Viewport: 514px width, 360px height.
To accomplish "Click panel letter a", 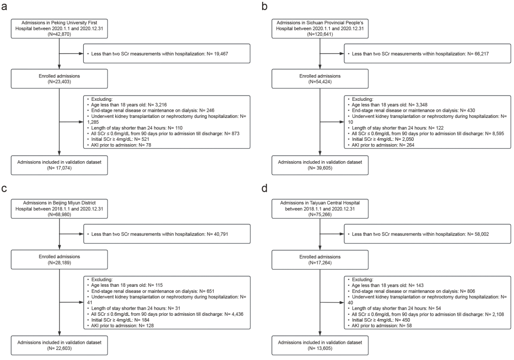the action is click(4, 6).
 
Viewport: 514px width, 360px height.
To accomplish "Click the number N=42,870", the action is click(59, 34).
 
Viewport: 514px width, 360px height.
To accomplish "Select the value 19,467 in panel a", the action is click(221, 54).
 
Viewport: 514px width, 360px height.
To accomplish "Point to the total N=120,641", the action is click(320, 34).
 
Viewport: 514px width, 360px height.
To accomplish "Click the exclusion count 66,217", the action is click(482, 54).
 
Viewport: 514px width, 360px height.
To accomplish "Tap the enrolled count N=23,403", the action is click(59, 82).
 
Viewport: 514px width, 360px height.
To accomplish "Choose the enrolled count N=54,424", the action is click(320, 82).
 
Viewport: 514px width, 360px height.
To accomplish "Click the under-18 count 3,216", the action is click(161, 105).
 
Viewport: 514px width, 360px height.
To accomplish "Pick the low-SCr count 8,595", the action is click(498, 134).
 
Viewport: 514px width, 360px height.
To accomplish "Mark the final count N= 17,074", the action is click(59, 168).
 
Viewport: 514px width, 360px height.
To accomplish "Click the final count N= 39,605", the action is click(320, 168).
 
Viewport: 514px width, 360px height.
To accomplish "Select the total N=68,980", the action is click(59, 214).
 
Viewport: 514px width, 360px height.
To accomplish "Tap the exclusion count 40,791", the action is click(221, 234).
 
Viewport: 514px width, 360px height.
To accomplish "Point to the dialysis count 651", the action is click(211, 291).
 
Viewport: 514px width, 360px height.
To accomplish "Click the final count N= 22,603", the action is click(59, 348).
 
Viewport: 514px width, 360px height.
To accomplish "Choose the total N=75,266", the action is click(320, 214).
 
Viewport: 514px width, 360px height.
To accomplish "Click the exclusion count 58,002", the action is click(482, 234).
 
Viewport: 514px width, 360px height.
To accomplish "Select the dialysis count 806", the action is click(471, 291).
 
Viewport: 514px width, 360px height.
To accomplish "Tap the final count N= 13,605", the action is click(320, 348).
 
